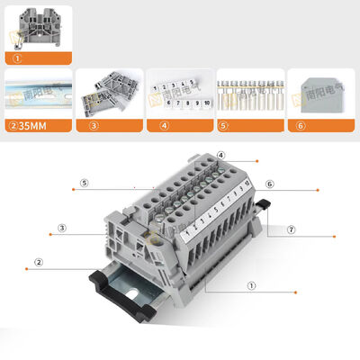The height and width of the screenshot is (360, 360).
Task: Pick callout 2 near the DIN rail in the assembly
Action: (39, 263)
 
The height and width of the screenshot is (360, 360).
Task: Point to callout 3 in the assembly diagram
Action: (62, 228)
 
